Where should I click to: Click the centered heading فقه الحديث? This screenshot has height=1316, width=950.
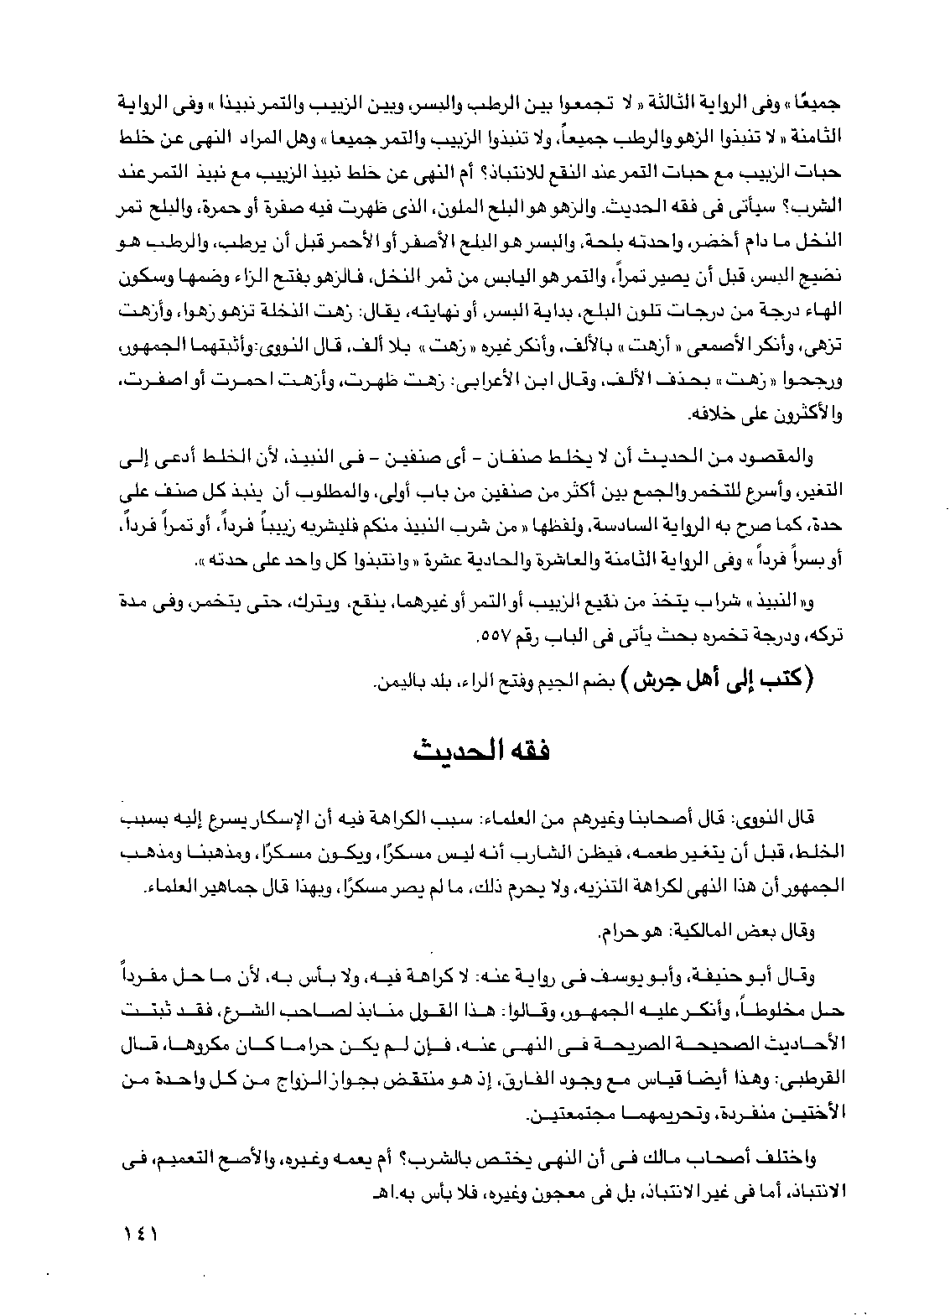(x=475, y=746)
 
